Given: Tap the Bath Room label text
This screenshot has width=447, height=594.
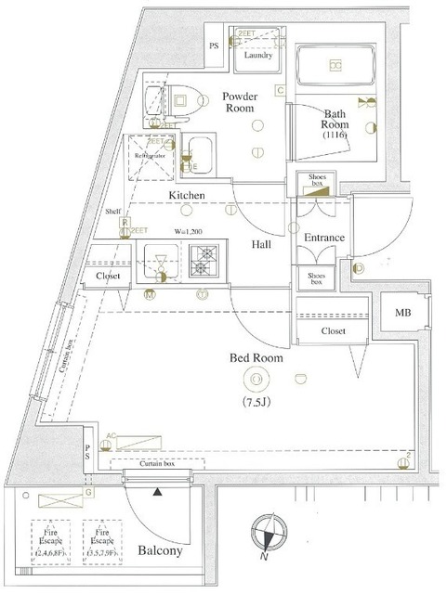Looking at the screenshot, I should tap(335, 123).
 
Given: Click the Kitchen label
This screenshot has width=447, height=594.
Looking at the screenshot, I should tap(187, 195).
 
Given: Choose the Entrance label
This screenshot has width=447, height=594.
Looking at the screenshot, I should tap(322, 238).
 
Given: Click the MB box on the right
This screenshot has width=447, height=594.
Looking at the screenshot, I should tap(401, 312).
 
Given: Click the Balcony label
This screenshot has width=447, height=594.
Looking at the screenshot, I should tap(162, 550).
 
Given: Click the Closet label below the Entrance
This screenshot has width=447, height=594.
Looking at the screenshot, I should tap(334, 329).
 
